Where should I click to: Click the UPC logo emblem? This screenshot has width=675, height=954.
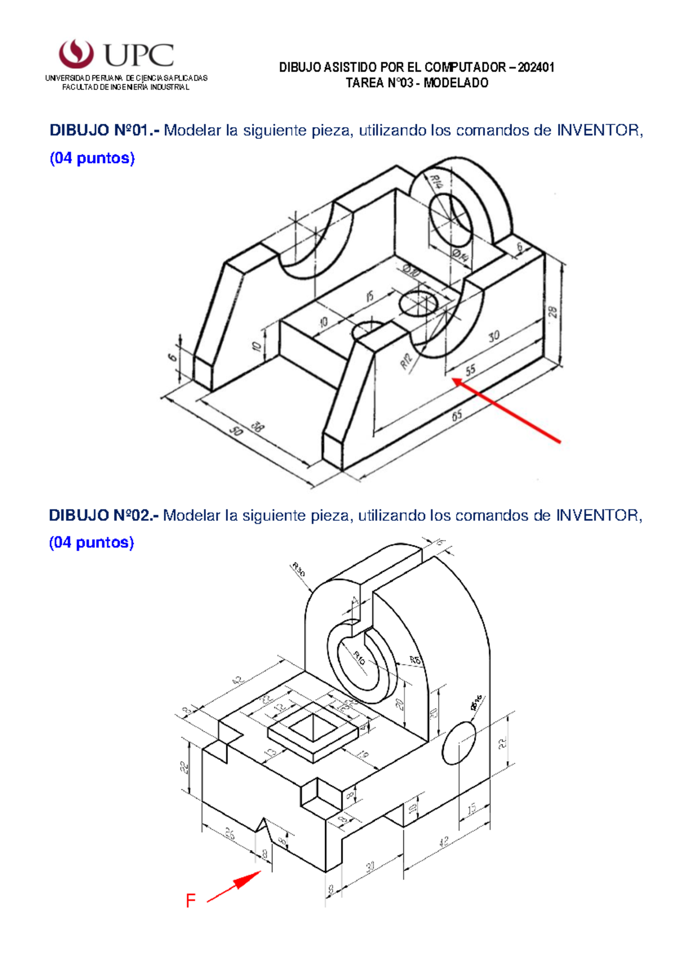pos(76,53)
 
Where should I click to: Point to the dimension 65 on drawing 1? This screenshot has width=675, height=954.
pos(457,415)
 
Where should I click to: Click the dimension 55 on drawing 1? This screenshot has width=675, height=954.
pos(470,370)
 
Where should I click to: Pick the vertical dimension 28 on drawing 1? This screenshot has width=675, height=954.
pos(553,312)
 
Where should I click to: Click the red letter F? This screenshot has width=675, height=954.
pos(191,901)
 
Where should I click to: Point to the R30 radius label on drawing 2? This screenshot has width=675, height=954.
pos(299,570)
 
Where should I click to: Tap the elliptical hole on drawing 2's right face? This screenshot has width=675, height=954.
pos(460,742)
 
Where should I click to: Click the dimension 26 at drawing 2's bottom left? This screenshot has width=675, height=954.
pos(230,833)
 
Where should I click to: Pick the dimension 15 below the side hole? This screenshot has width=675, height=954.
pos(471,808)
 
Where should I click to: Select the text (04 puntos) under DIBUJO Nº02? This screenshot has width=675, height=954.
pos(91,542)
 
